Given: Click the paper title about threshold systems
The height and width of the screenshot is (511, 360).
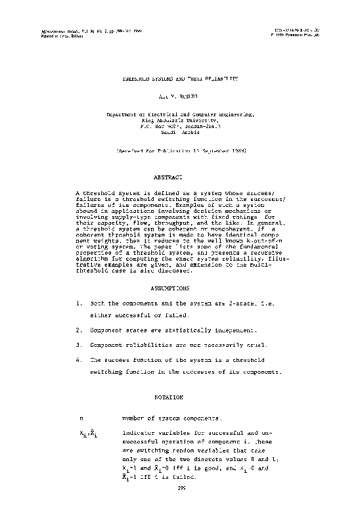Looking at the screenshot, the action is click(180, 78).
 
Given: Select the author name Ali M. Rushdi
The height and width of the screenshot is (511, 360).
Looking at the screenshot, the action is click(180, 95).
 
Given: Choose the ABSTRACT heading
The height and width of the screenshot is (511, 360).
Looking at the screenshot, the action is click(167, 177).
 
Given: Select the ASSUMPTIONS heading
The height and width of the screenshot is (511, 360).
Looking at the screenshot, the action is click(170, 288).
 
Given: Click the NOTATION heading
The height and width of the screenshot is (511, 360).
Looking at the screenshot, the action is click(167, 397).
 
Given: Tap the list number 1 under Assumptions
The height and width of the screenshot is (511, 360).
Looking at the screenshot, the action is click(79, 304).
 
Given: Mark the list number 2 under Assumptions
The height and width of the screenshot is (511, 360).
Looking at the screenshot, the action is click(79, 329).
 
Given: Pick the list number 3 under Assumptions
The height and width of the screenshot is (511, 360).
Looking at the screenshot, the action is click(79, 344).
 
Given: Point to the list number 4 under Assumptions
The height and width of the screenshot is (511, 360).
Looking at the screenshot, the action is click(79, 360).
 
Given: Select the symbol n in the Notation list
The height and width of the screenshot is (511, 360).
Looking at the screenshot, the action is click(81, 418).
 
